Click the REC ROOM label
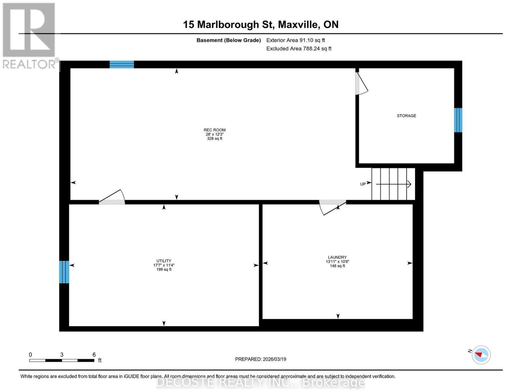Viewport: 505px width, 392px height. pos(215,130)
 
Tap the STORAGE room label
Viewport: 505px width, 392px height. pos(406,115)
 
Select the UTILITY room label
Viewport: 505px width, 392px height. pos(164,261)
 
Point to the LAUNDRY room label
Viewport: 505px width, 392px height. pos(337,257)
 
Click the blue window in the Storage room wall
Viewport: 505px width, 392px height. pos(458,120)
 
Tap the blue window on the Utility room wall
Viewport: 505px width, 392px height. pos(64,272)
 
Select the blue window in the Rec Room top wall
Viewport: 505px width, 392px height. pos(122,64)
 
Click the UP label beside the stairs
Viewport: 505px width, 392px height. pos(363,184)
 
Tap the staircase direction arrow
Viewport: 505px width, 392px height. pos(394,184)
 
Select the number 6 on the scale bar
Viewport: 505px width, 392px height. pos(94,355)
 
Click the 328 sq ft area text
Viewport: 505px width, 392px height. pos(215,138)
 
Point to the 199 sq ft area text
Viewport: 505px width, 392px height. pos(164,269)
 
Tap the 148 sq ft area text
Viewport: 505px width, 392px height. pos(337,266)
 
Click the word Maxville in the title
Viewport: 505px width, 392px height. pos(298,25)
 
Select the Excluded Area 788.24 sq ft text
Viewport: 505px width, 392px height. pos(299,49)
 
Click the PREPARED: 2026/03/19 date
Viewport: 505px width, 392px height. pos(260,359)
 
